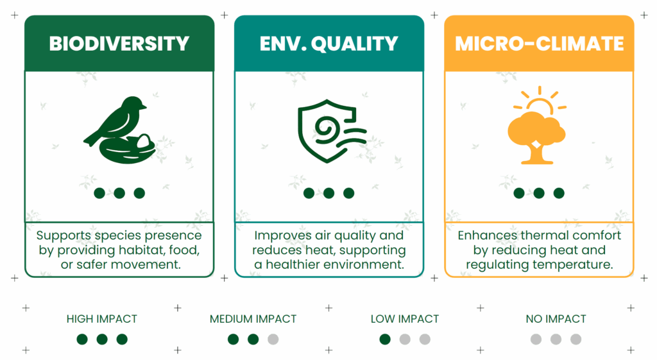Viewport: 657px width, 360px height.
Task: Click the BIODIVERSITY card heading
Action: pyautogui.click(x=119, y=44)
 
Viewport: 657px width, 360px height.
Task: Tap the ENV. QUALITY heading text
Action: pyautogui.click(x=328, y=44)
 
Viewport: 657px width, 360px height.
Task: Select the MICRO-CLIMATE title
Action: pyautogui.click(x=539, y=44)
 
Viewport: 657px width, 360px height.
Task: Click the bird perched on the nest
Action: pyautogui.click(x=117, y=120)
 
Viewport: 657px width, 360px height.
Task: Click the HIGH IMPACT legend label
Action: pyautogui.click(x=102, y=319)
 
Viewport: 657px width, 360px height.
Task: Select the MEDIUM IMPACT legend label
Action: pyautogui.click(x=253, y=319)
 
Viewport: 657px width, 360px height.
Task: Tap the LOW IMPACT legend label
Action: pyautogui.click(x=405, y=319)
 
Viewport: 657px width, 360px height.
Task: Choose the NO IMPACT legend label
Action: pyautogui.click(x=556, y=319)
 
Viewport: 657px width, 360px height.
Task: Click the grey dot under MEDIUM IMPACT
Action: pyautogui.click(x=273, y=339)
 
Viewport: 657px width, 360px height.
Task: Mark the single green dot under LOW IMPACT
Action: pyautogui.click(x=385, y=339)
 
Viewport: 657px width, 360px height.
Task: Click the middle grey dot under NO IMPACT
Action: pyautogui.click(x=556, y=339)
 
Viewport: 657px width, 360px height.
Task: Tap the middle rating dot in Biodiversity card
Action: pyautogui.click(x=119, y=193)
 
